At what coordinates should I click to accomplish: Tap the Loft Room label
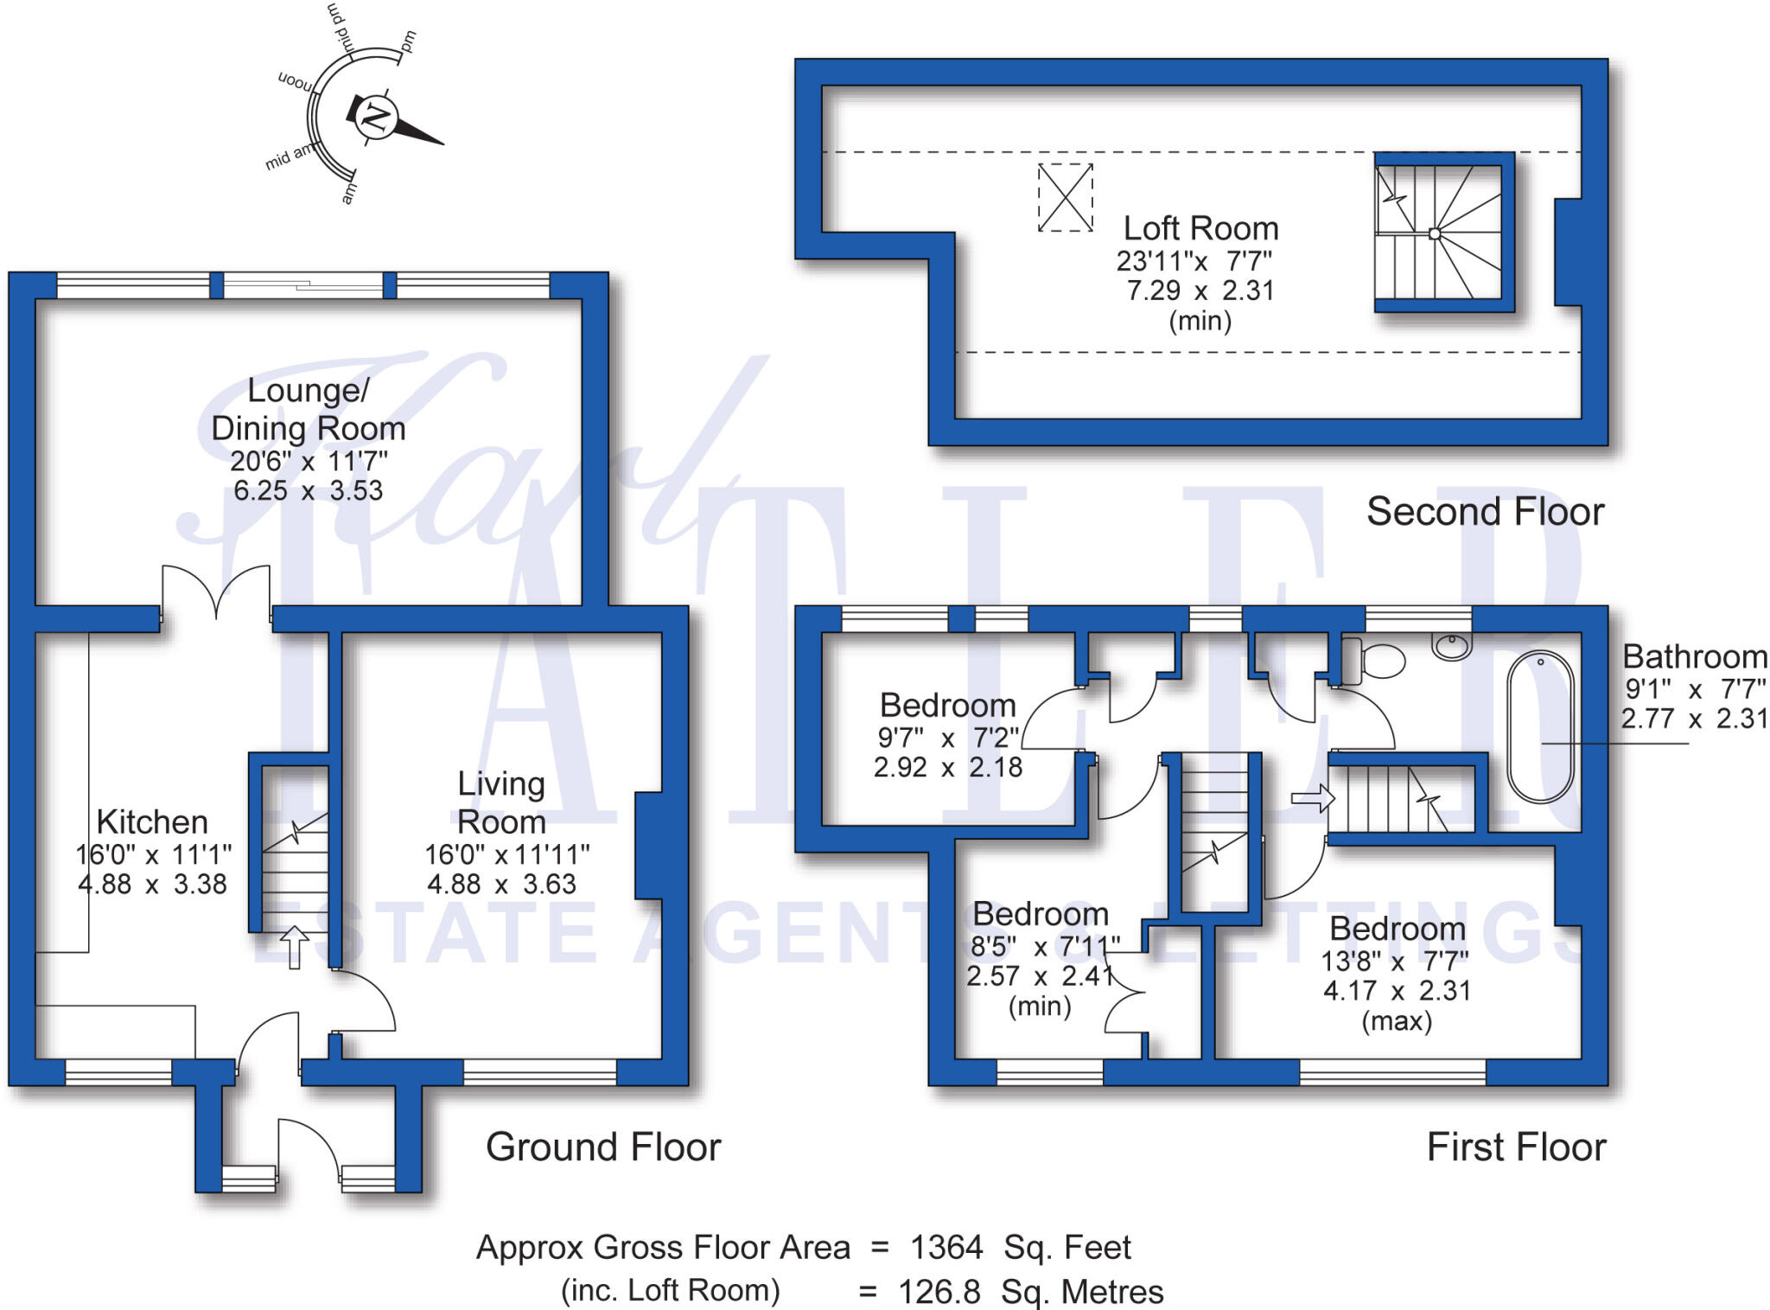click(1200, 229)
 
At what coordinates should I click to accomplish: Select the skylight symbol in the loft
click(1065, 198)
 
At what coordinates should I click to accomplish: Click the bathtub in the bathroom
click(1540, 726)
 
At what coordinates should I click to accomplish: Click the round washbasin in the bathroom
click(1452, 645)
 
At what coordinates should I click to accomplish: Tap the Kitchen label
click(152, 821)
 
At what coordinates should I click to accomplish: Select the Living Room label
click(501, 802)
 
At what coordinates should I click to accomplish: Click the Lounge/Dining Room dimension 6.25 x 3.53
click(309, 490)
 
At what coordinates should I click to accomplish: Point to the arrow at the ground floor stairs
click(294, 946)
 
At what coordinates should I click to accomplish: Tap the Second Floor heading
click(1485, 512)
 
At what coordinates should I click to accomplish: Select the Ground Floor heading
click(603, 1147)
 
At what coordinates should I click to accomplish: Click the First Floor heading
click(1516, 1147)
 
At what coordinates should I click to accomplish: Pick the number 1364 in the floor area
click(946, 1248)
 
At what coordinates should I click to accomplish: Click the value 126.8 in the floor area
click(939, 1292)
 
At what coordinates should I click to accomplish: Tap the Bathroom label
click(1694, 657)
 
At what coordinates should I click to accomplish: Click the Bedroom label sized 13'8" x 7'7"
click(1397, 929)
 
